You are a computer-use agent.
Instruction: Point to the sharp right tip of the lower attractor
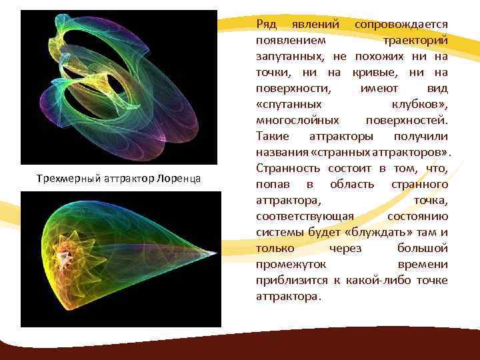(x=216, y=253)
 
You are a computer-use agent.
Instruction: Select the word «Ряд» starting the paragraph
(x=267, y=24)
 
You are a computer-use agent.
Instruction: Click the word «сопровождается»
(x=401, y=24)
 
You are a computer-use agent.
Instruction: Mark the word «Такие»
(x=273, y=136)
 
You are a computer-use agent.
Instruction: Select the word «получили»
(x=421, y=136)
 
